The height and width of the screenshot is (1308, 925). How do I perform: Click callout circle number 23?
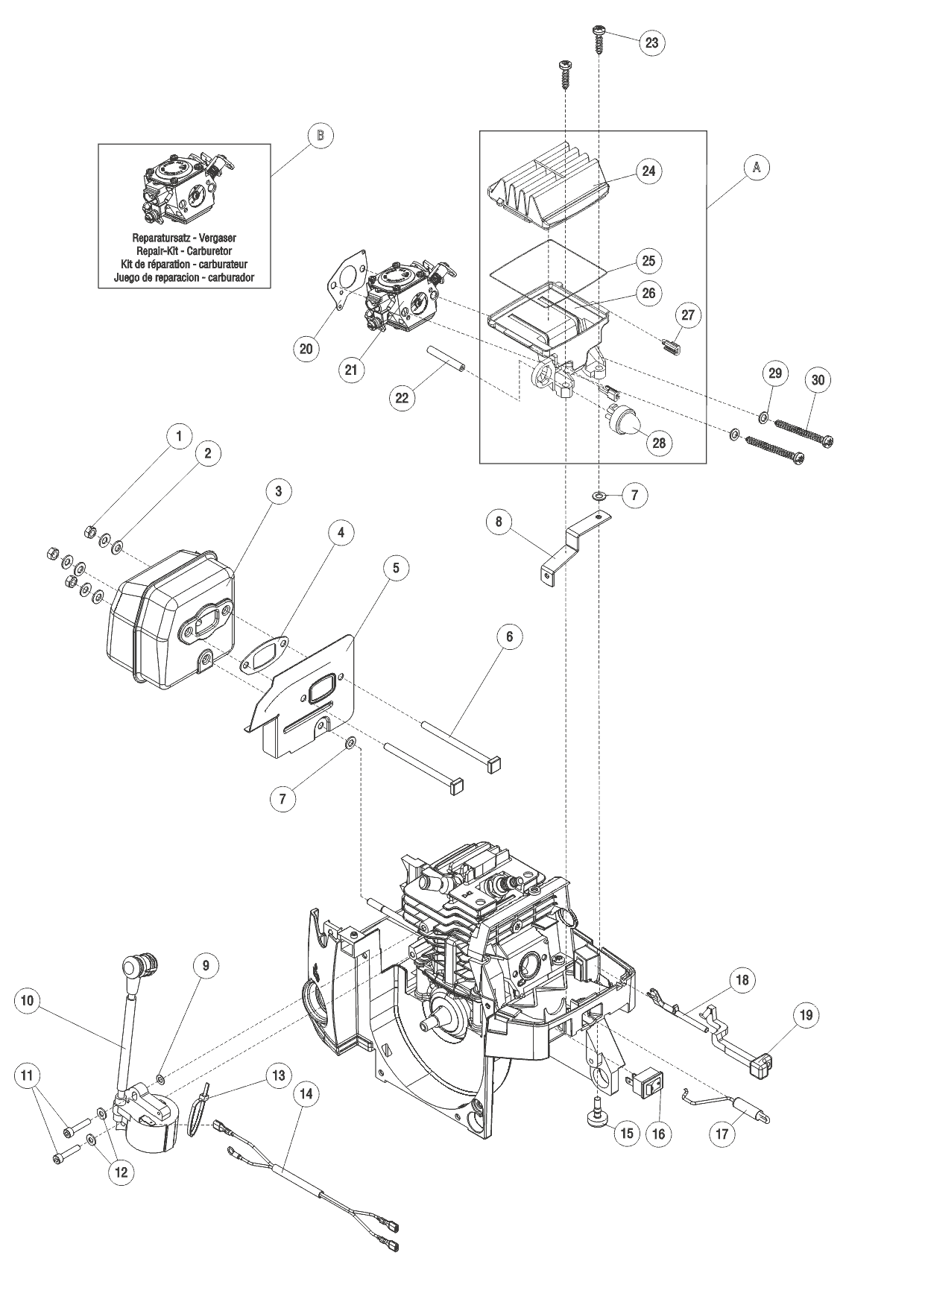(651, 42)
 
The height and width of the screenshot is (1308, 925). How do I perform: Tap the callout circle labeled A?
(756, 168)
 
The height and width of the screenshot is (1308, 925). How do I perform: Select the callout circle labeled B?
(320, 136)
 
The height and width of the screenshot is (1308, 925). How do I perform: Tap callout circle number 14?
(306, 1094)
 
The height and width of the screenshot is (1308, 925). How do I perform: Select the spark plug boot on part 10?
(139, 970)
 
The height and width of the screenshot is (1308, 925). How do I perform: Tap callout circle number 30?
(818, 380)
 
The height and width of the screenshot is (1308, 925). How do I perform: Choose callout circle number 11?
(27, 1076)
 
